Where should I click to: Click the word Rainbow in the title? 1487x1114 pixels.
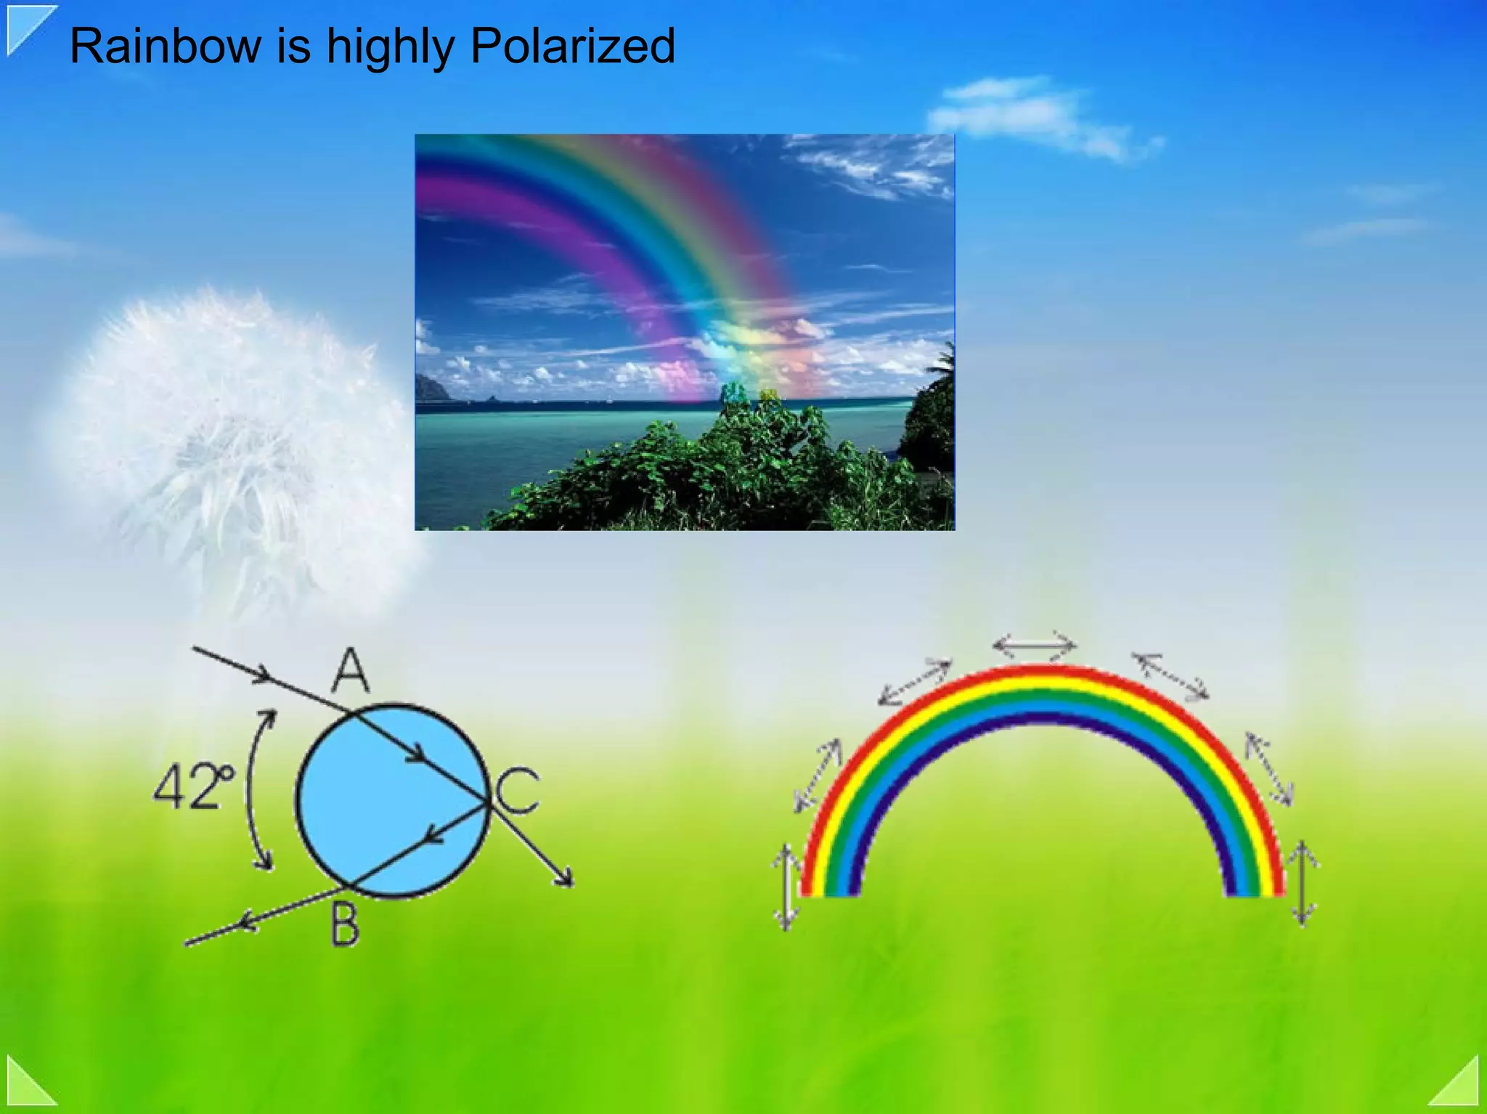click(x=165, y=46)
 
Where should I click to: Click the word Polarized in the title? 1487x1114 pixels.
click(x=572, y=46)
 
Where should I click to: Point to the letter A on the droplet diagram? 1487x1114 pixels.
click(x=351, y=671)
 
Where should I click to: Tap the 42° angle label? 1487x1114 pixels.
click(x=193, y=787)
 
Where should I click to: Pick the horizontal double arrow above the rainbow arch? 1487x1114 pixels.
click(x=1034, y=645)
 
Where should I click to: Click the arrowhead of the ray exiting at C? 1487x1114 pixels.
click(x=565, y=878)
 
